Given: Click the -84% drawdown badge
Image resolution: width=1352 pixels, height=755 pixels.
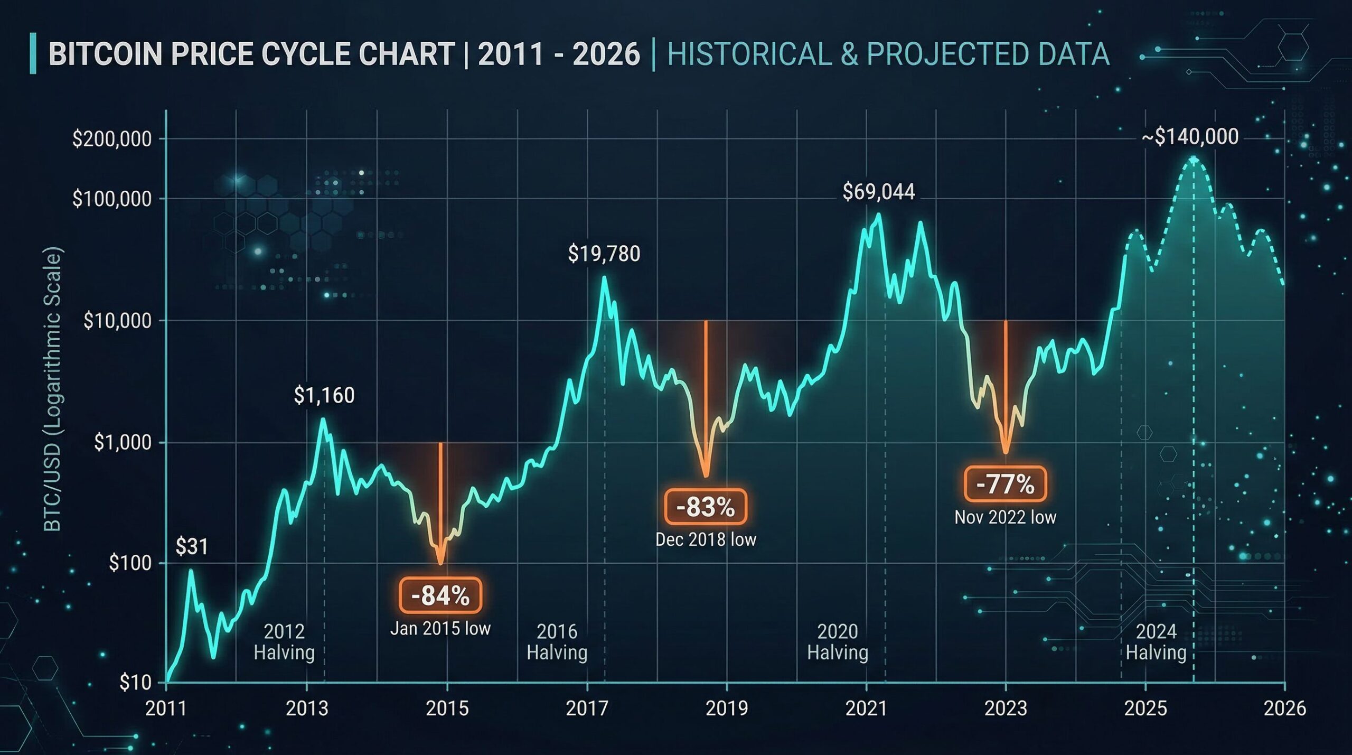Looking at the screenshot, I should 440,596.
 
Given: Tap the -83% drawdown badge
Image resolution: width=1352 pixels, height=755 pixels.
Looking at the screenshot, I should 706,507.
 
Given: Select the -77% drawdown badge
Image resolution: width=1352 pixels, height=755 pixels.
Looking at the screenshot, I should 1005,484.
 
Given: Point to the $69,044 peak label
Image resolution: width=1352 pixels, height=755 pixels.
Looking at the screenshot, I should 878,192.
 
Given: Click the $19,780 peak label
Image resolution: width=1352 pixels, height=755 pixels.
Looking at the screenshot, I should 604,254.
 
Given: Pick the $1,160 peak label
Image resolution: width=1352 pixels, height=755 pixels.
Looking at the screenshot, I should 324,395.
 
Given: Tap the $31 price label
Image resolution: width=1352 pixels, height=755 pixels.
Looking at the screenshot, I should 192,546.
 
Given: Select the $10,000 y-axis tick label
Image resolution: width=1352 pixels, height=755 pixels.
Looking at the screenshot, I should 117,321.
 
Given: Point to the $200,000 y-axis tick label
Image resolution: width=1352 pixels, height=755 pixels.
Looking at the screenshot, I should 111,139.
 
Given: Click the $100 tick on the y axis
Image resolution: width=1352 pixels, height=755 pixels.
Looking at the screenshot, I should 130,563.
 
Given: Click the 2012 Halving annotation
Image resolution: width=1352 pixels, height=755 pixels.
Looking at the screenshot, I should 284,642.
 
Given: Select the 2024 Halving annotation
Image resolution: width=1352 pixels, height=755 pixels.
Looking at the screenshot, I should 1156,642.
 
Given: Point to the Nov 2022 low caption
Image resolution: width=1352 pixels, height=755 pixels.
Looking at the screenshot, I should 1005,517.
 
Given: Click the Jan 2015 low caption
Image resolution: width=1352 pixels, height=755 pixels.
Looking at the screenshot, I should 440,629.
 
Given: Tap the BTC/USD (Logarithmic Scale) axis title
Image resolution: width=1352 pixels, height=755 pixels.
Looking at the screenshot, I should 53,389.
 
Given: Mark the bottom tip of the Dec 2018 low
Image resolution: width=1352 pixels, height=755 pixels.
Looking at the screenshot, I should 706,476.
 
